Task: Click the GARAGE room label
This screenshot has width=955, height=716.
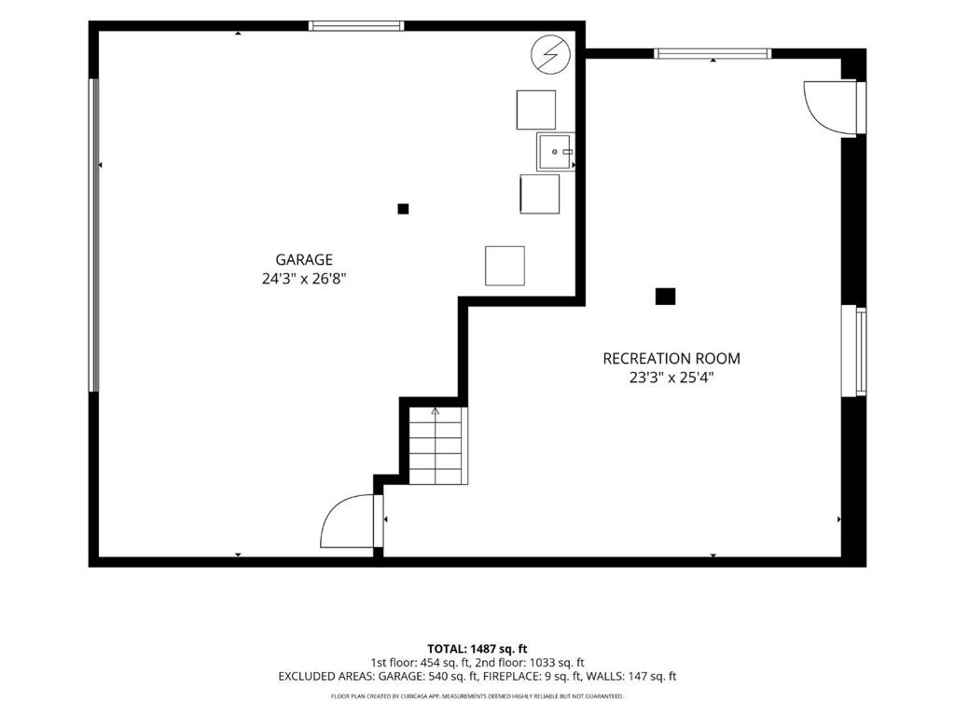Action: [304, 260]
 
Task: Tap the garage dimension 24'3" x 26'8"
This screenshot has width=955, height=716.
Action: [304, 279]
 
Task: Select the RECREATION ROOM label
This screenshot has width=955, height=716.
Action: [671, 359]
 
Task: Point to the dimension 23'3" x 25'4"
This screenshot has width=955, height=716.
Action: [671, 378]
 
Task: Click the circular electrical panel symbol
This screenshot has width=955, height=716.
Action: [550, 55]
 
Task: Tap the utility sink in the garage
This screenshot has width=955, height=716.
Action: [556, 152]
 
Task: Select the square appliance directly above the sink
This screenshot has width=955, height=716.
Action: [536, 110]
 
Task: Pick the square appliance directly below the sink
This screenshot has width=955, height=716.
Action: [540, 194]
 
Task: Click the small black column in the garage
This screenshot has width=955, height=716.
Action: [403, 209]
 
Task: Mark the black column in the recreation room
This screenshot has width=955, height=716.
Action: [665, 296]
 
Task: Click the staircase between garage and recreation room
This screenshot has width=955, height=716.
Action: [438, 446]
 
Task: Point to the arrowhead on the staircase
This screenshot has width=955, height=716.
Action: [435, 411]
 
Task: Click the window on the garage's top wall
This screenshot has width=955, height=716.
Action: [356, 25]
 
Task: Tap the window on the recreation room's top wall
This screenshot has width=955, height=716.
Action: [713, 53]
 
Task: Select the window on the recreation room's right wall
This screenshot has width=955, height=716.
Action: [854, 351]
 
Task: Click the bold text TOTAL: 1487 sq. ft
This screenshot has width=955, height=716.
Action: [477, 649]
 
